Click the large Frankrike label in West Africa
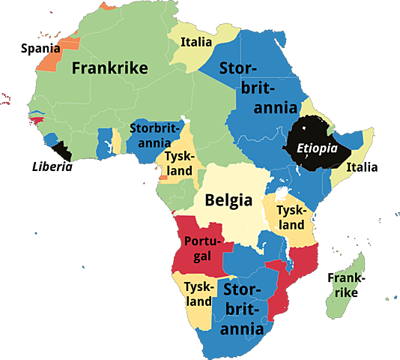(109, 68)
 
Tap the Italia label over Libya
(196, 42)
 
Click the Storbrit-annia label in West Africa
(150, 135)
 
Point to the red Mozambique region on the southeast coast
(300, 266)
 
